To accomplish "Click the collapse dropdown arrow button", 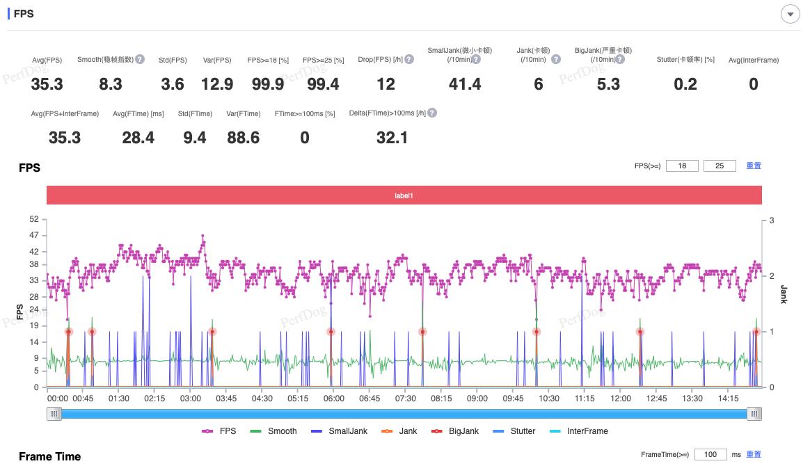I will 790,14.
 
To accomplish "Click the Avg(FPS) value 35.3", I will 47,84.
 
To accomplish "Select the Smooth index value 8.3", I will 111,84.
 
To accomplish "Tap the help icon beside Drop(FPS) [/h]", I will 409,60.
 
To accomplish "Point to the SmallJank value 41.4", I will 465,84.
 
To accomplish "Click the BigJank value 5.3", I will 608,84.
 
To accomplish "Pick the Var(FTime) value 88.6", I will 244,138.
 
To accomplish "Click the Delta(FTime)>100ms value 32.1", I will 392,138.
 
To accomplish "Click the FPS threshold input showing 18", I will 682,166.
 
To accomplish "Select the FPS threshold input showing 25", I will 720,166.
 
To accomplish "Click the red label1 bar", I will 404,195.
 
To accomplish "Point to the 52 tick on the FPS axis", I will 34,220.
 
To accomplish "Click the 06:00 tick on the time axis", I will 333,399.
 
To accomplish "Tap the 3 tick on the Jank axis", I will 772,220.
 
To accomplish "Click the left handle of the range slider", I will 54,414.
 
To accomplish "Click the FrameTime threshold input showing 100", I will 710,455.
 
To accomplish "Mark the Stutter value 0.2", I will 685,84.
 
